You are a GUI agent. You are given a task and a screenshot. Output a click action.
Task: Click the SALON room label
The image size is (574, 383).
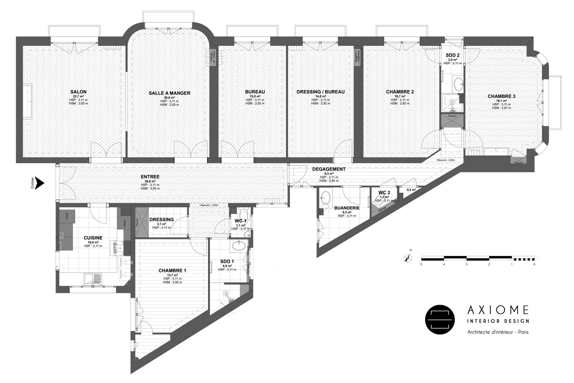click(x=78, y=92)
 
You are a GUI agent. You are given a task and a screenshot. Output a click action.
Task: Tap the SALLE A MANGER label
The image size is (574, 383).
click(x=169, y=93)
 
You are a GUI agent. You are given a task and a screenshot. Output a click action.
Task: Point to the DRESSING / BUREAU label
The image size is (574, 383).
click(x=320, y=92)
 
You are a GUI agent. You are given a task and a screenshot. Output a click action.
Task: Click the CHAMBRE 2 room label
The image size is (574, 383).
click(x=400, y=92)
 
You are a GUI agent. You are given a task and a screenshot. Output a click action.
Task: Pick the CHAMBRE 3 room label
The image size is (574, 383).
click(x=501, y=96)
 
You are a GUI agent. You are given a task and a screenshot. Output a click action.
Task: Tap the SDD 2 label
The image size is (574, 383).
click(x=452, y=55)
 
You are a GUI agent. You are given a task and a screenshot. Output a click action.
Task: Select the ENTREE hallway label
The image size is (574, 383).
click(x=150, y=177)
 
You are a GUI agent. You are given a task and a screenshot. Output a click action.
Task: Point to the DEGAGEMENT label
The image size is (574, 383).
click(x=329, y=169)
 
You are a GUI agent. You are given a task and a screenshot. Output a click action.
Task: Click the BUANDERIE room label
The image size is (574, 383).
click(x=347, y=208)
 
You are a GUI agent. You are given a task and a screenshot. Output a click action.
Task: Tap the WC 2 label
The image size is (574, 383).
click(x=384, y=192)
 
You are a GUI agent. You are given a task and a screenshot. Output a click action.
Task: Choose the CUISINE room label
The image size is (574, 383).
click(x=93, y=238)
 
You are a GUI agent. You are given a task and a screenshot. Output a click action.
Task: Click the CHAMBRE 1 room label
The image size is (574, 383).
click(x=172, y=270)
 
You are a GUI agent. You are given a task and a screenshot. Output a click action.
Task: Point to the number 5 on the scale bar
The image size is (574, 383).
click(x=421, y=265)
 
